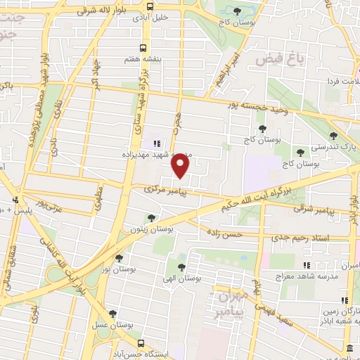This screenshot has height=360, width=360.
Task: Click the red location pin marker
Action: [181, 166]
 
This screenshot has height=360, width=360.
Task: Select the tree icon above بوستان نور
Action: [118, 258]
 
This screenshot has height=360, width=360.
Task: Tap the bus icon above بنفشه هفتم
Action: [143, 49]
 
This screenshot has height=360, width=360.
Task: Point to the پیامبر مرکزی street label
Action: [164, 190]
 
